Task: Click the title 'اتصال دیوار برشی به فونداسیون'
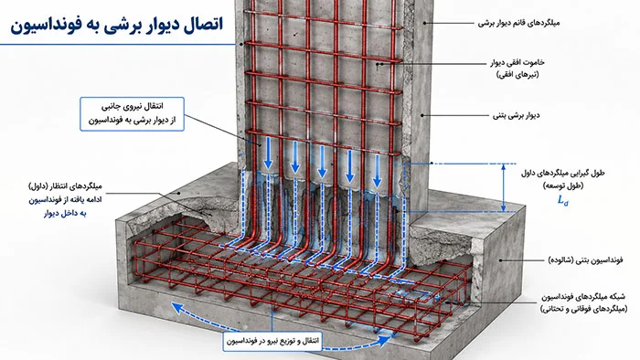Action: tap(117, 24)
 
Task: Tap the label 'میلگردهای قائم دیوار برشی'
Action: tap(518, 23)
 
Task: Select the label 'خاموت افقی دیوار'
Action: tap(517, 63)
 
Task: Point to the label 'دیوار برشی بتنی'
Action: tap(517, 115)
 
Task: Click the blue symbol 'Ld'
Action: tap(563, 200)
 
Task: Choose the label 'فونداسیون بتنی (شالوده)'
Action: tap(585, 260)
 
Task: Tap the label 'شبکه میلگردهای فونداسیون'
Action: tap(583, 297)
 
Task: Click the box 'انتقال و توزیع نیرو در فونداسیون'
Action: tap(272, 341)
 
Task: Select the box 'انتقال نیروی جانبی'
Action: tap(132, 113)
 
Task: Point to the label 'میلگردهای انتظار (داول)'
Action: tap(65, 186)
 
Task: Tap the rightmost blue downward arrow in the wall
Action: tap(377, 171)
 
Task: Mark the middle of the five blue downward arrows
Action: tap(322, 162)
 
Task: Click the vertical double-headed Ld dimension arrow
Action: tap(503, 188)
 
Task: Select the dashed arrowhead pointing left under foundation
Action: tap(177, 308)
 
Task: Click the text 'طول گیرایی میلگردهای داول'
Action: tap(563, 173)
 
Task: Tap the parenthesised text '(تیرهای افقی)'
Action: tap(517, 75)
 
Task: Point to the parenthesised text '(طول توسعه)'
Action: tap(563, 185)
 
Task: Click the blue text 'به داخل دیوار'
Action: tap(65, 213)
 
